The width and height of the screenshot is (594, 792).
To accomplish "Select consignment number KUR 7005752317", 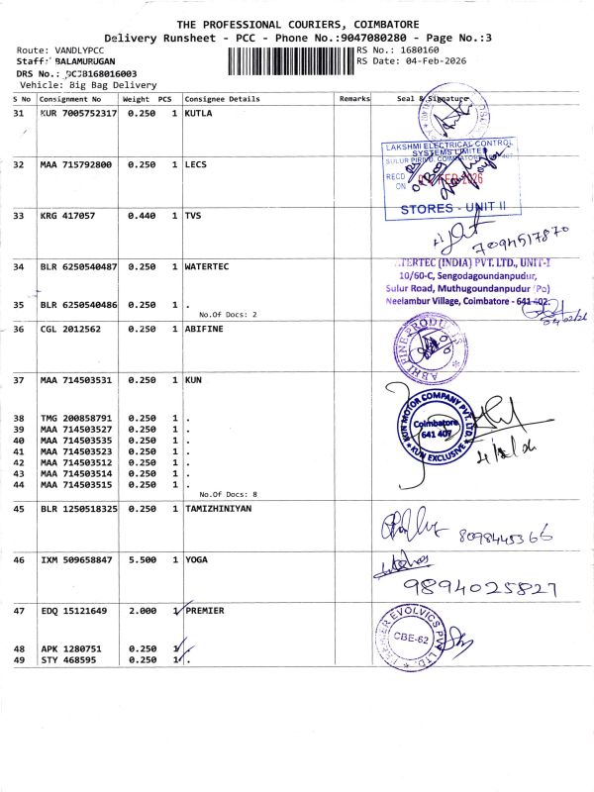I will pos(78,114).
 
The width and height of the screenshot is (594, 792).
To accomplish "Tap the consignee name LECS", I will pos(196,164).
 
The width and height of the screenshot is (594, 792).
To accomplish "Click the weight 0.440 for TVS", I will pos(143,215).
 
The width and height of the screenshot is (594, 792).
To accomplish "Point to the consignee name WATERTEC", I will pos(210,266).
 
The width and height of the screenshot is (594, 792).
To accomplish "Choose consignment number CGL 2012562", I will pos(71,329).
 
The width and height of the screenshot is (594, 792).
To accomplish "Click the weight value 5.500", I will pos(143,560).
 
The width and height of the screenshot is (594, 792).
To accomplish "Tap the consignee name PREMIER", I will pos(207,612).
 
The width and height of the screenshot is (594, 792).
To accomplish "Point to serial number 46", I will pos(18,560).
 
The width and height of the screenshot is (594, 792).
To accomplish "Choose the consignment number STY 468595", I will pos(68,659).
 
